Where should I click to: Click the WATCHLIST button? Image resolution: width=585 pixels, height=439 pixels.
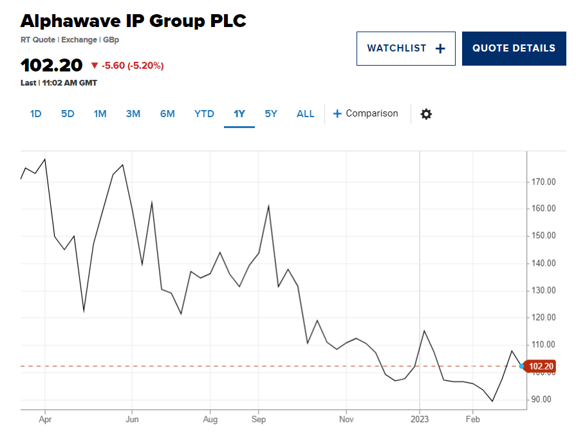pos(405,48)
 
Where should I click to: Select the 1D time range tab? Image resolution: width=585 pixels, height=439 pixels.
pos(35,114)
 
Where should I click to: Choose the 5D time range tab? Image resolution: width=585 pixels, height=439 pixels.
pos(68,114)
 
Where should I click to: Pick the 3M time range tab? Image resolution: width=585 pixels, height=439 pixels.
pos(133,114)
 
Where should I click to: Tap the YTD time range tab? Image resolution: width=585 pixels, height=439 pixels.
pos(204,114)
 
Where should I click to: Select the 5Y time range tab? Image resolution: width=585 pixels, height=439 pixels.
pos(271,114)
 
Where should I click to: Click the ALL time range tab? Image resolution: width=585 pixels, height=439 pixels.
pos(305,114)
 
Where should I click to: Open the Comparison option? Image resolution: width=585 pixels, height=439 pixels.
pos(366,114)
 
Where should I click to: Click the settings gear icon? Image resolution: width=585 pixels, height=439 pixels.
pos(426,114)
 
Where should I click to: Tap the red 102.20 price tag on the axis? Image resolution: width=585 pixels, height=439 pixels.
pos(541,366)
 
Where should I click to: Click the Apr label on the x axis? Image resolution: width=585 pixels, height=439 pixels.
pos(45,418)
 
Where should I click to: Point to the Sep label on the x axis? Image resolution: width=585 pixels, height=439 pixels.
pos(258,418)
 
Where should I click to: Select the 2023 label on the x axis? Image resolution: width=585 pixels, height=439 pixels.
pos(420,418)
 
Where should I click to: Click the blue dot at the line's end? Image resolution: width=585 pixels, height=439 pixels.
pos(521,366)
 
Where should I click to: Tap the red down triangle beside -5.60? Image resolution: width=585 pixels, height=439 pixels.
pos(95,66)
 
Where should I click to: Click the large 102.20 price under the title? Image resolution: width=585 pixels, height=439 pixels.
pos(51,66)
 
